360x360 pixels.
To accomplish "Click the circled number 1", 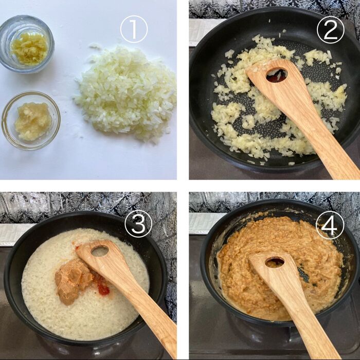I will coord(134,29).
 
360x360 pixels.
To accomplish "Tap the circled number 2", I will coord(330,29).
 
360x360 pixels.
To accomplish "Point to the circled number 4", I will coord(329,225).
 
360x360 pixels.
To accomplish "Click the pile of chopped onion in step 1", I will coord(126,93).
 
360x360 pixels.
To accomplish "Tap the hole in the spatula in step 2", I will coord(277,75).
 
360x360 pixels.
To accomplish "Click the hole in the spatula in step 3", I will coord(100,251).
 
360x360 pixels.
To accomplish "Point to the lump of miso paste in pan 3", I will coord(72,280).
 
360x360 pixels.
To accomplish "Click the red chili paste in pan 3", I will coord(102,289).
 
